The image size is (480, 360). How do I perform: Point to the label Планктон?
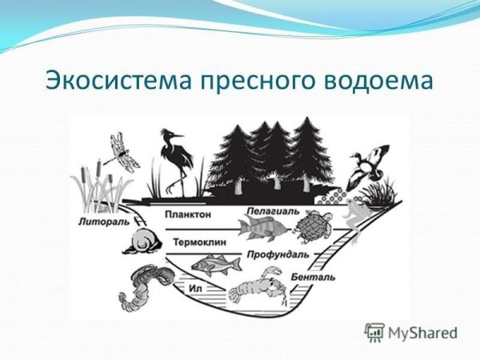(187, 214)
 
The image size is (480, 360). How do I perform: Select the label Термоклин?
(193, 241)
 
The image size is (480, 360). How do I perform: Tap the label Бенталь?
(313, 276)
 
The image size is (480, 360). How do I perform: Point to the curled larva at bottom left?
(144, 286)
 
